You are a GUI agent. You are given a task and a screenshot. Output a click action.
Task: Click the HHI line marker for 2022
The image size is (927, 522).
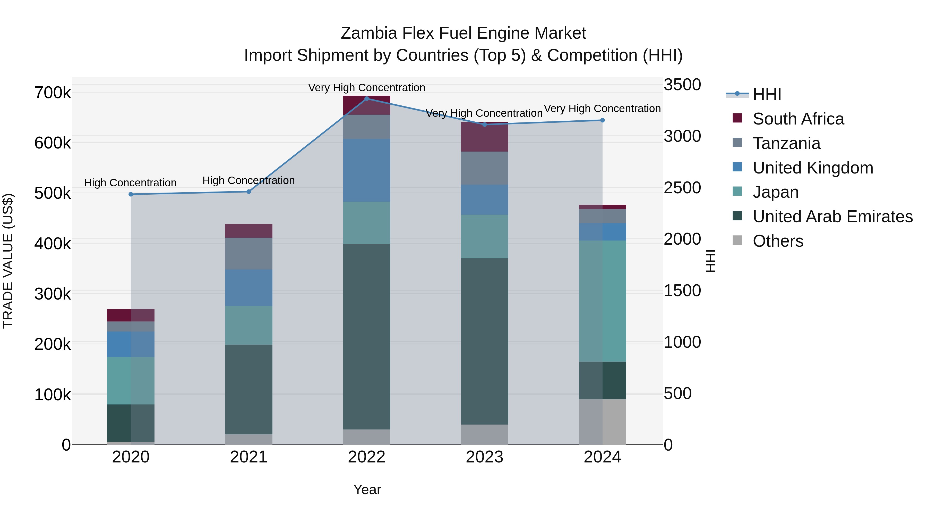[x=367, y=98]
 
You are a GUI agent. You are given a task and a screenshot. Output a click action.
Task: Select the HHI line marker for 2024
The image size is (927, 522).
[x=602, y=120]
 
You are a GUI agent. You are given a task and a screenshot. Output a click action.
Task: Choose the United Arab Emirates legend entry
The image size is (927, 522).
[x=832, y=217]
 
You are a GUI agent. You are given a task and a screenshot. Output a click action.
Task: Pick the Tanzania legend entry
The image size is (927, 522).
[x=786, y=143]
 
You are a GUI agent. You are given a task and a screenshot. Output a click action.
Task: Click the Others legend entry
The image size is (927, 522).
[x=778, y=241]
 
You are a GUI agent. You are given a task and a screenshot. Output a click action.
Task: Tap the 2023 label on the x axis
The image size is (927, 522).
[x=484, y=457]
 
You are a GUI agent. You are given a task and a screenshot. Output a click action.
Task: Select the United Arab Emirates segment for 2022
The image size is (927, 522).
[x=367, y=336]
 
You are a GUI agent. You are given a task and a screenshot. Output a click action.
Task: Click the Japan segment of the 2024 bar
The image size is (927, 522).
[x=602, y=301]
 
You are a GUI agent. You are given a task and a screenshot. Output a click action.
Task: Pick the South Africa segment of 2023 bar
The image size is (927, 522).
[x=484, y=137]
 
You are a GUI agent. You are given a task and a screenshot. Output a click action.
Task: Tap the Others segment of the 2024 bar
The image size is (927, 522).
[x=602, y=421]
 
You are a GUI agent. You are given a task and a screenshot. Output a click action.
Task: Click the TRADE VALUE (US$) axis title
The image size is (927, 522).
[x=8, y=261]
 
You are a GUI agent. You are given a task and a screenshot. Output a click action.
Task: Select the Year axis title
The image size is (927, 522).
[x=367, y=490]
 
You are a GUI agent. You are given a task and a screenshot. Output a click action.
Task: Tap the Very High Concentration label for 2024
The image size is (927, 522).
[x=602, y=109]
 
